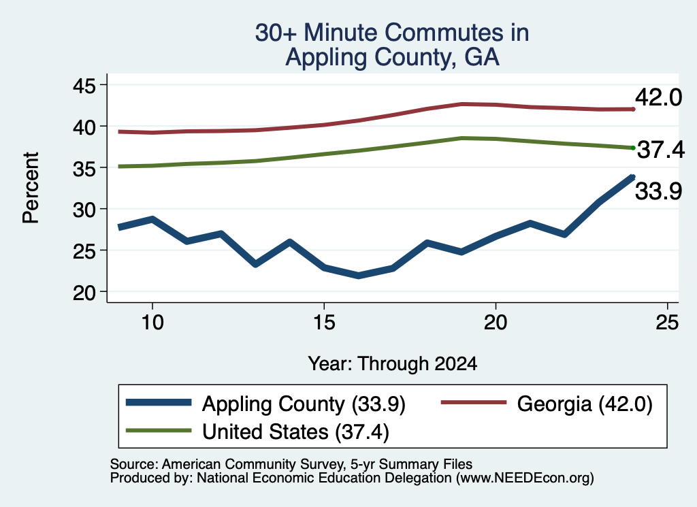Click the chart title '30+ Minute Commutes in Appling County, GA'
392,44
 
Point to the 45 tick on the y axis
84,85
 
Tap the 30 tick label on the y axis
84,210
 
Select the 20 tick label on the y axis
84,293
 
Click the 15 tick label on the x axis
324,323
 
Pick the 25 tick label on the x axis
667,323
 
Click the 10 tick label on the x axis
152,323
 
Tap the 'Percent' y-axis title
31,188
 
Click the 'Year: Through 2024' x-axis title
393,364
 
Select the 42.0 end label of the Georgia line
658,97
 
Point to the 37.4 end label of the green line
661,149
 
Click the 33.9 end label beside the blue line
658,192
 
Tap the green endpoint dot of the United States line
633,148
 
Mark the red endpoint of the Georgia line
633,109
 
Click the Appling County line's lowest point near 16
358,276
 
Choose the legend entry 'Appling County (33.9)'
266,404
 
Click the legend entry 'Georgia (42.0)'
547,404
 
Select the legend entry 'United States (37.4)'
258,431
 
